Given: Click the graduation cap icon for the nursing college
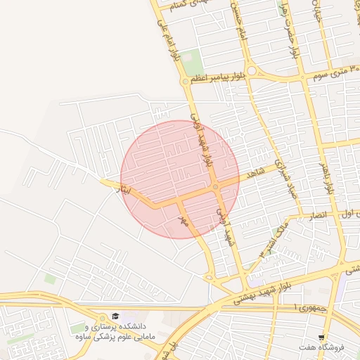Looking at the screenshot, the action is [115, 316].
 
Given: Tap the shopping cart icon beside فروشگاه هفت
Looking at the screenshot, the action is [321, 337].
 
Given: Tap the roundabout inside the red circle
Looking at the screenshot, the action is [214, 187].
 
